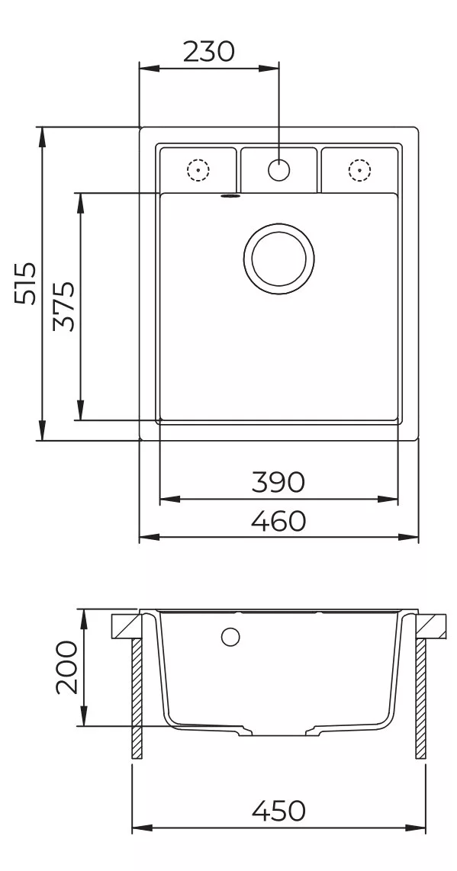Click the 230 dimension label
tap(209, 52)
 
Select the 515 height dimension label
tap(26, 283)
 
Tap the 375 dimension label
tap(64, 307)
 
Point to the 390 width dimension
tap(278, 482)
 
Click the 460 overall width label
tap(278, 521)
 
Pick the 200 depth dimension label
tap(66, 667)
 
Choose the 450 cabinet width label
tap(278, 811)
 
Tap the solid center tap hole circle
tap(278, 169)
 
